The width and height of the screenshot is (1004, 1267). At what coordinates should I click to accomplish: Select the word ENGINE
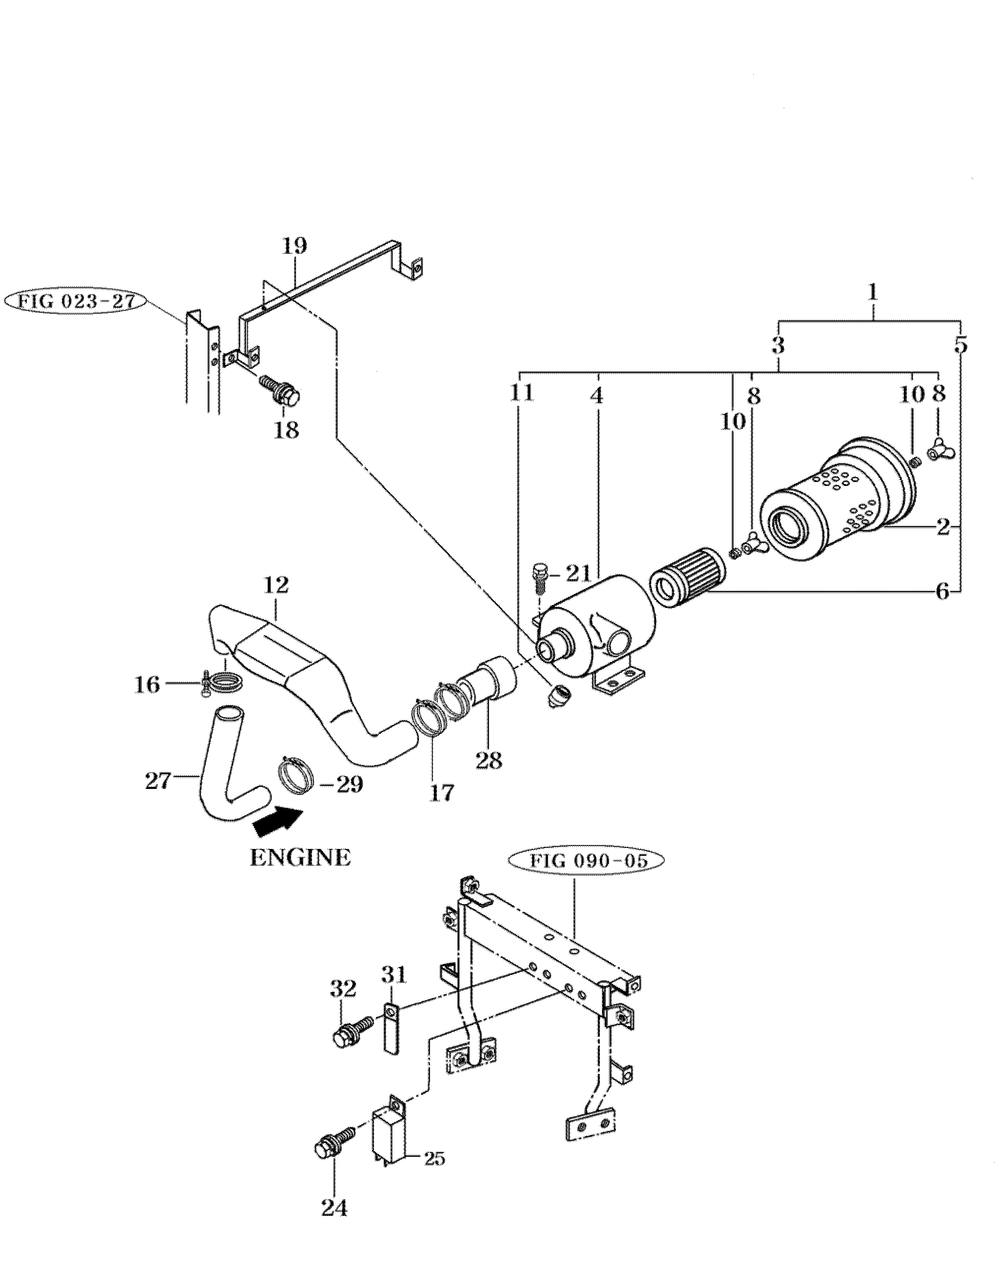pyautogui.click(x=300, y=858)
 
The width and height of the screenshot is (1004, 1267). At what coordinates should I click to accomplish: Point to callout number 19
pyautogui.click(x=294, y=245)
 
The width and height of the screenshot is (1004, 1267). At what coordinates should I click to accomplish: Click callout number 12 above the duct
pyautogui.click(x=276, y=585)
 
